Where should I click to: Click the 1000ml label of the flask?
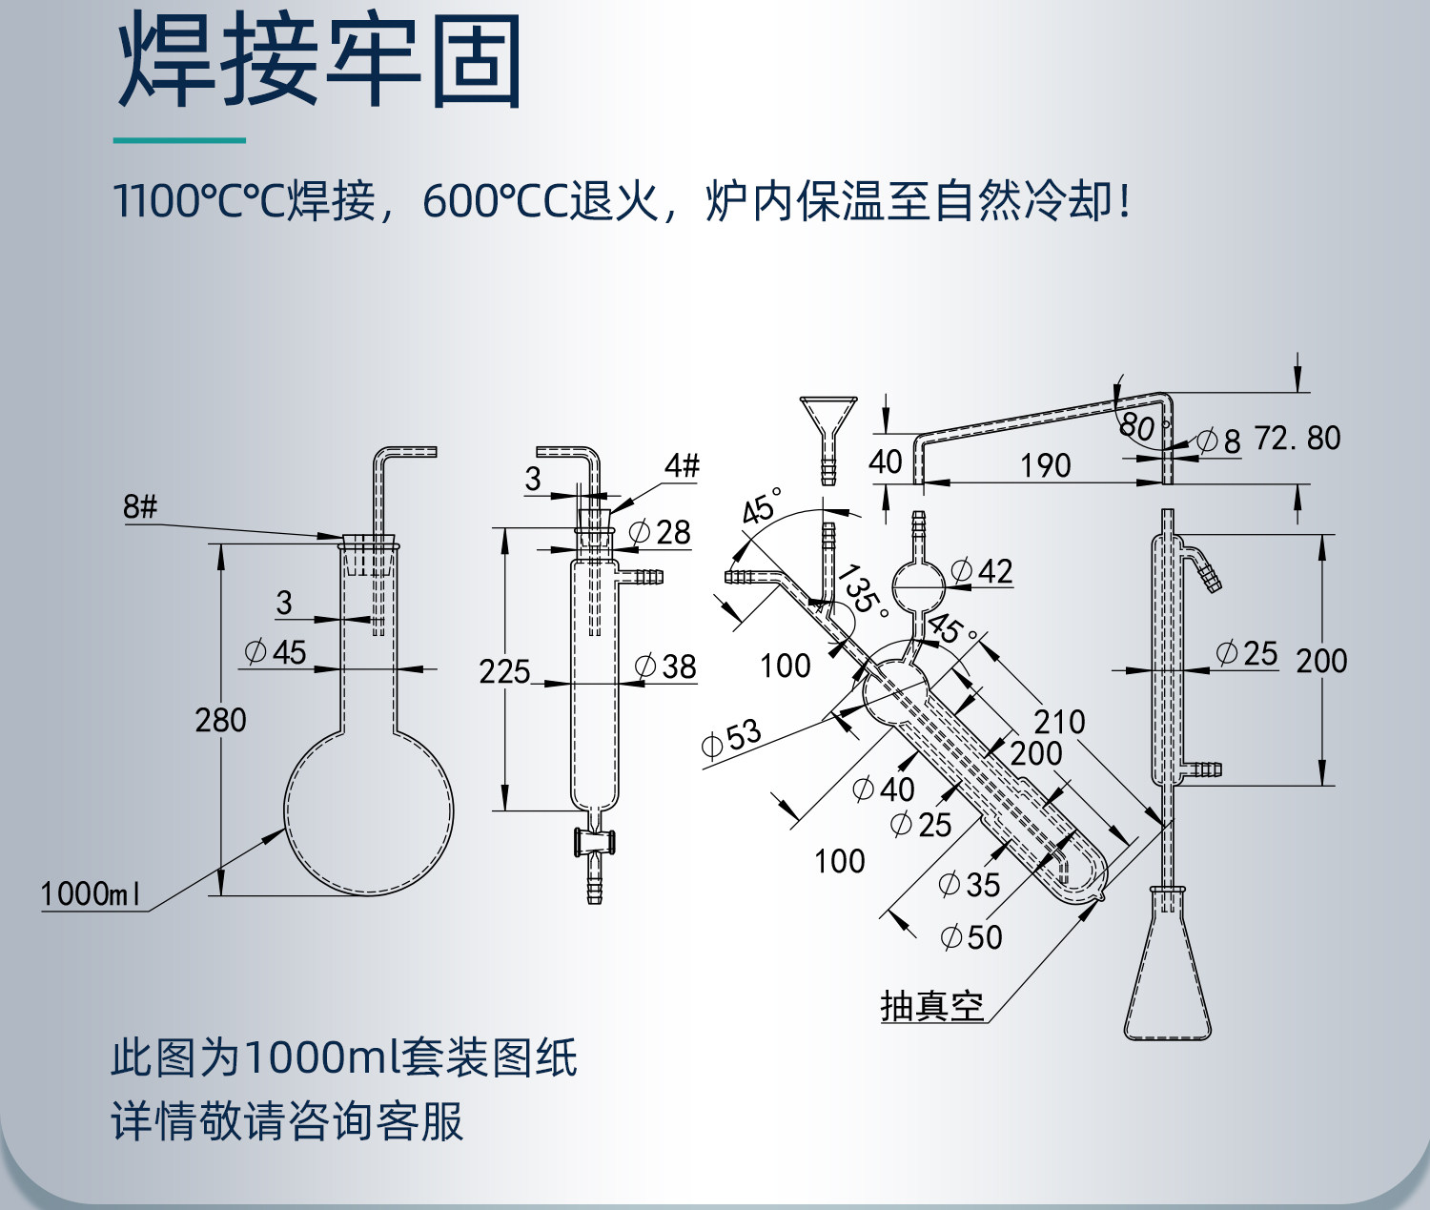tap(91, 894)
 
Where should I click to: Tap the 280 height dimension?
tap(220, 720)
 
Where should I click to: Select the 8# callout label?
tap(139, 506)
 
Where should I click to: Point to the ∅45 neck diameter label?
tap(276, 652)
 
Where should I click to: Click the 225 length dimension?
tap(504, 671)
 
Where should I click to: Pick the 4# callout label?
tap(682, 465)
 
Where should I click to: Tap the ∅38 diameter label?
tap(665, 667)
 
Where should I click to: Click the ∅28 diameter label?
tap(660, 532)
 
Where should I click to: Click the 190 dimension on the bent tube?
tap(1046, 465)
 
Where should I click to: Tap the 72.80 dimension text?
tap(1297, 439)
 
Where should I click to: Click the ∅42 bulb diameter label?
tap(982, 571)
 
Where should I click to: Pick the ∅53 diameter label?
tap(731, 738)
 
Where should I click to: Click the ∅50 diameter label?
tap(971, 937)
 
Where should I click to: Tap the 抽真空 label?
tap(931, 1006)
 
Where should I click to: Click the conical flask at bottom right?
tap(1168, 982)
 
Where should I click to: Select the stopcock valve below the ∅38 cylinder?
tap(594, 841)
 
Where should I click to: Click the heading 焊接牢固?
tap(319, 63)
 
